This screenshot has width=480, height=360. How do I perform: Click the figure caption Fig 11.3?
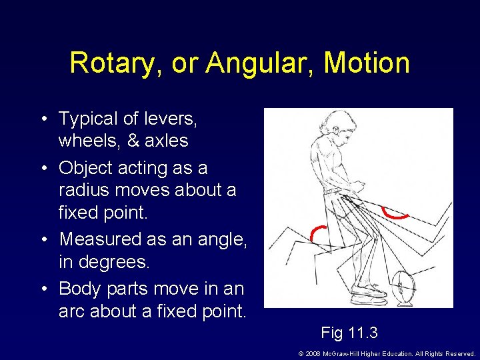[x=350, y=331]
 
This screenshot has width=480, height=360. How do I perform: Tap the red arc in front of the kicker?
[x=395, y=213]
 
